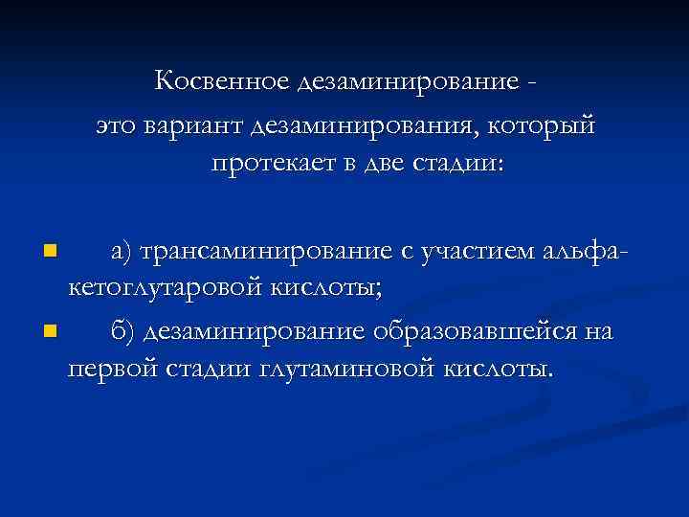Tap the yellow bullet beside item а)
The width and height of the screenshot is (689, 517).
(x=51, y=253)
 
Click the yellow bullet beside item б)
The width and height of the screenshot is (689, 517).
(x=51, y=332)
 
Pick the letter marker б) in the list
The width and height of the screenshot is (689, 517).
(x=123, y=331)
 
